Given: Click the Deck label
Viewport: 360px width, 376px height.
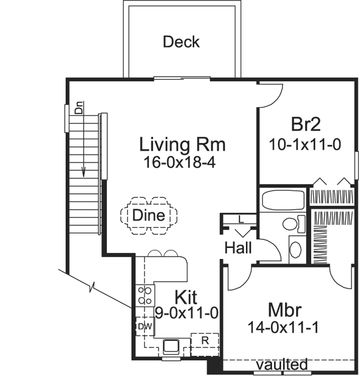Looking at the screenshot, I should (x=181, y=42).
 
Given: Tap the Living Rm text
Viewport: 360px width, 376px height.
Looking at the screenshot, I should (x=182, y=145).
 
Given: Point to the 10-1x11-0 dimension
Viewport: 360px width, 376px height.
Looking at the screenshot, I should (x=305, y=145).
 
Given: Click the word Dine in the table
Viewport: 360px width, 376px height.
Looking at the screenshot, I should (x=148, y=215).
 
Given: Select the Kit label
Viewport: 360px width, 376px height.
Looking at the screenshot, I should (x=187, y=296).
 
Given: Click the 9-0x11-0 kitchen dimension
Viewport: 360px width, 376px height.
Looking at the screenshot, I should (x=186, y=313).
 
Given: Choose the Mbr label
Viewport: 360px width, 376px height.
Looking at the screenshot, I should (x=284, y=308).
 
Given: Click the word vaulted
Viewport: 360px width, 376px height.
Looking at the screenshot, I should (x=282, y=364).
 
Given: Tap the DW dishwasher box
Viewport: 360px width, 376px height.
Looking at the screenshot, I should (x=144, y=326).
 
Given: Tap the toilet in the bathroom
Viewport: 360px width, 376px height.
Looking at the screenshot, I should (x=291, y=224).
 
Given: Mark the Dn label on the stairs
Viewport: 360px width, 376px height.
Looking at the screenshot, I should (x=79, y=109).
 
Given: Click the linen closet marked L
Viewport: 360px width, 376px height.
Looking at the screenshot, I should (x=240, y=219).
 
